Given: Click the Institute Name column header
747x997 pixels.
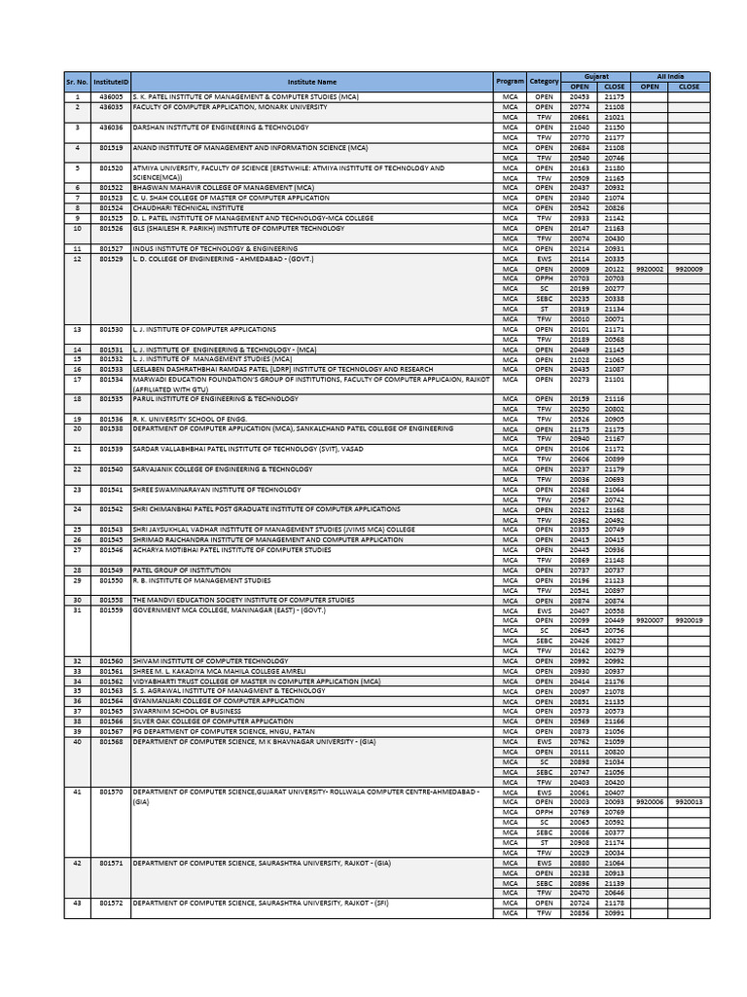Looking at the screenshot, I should coord(311,82).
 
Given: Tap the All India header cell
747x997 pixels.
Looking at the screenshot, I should coord(670,76).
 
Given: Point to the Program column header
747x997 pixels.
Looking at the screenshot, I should coord(510,82).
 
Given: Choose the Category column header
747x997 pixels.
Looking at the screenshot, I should coord(545,82).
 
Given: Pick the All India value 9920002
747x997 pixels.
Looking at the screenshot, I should coord(649,267).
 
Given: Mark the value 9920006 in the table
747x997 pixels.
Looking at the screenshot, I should coord(649,801).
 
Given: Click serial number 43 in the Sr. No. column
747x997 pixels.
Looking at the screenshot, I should coord(77,903).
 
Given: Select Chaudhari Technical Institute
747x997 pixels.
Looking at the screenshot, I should coord(189,207).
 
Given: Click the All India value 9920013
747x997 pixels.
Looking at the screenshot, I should coord(689,801).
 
